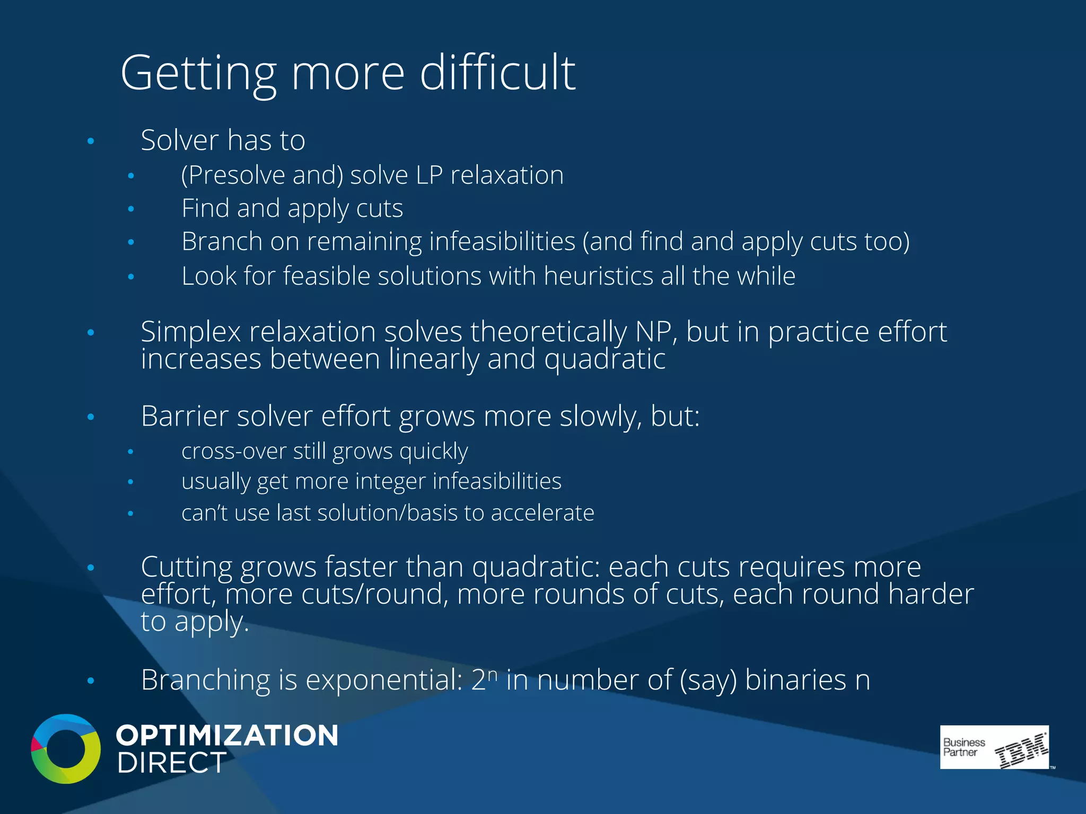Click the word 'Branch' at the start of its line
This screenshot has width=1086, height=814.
(x=222, y=242)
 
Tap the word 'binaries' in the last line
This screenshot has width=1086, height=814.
(x=795, y=680)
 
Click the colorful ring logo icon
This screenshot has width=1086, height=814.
(x=66, y=748)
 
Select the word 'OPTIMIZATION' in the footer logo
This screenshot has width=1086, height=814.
(x=227, y=736)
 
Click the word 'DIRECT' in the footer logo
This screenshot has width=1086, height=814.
(x=172, y=763)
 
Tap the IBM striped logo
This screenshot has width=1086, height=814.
(x=1020, y=750)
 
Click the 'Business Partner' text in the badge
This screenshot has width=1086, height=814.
(x=963, y=747)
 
